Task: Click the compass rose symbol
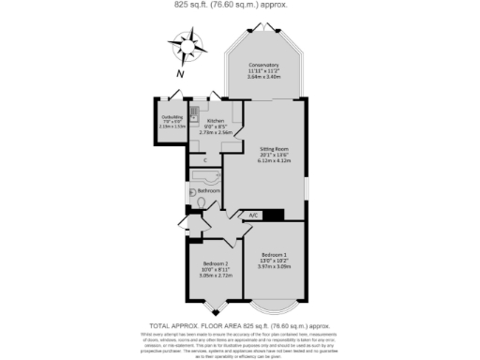click(187, 43)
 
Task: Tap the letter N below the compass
click(183, 73)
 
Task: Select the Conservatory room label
click(264, 65)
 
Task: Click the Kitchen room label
click(216, 122)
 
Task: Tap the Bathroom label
click(208, 190)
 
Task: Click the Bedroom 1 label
click(275, 254)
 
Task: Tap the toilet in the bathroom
click(199, 202)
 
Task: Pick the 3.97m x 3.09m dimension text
click(275, 267)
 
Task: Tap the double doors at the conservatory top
click(264, 29)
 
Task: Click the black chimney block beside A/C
click(274, 215)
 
